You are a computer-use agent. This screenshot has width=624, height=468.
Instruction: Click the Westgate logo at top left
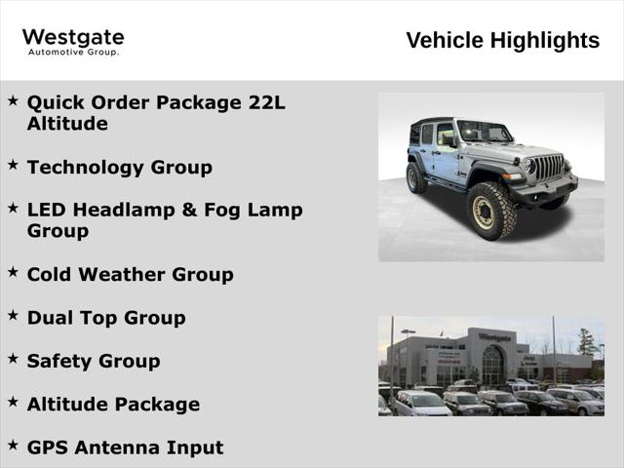73,40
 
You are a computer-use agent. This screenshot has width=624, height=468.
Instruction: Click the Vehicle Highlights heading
502,40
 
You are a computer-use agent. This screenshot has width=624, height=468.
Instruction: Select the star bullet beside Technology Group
14,165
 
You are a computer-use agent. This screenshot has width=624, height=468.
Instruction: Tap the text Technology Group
119,167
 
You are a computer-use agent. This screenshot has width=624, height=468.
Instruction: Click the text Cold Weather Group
130,274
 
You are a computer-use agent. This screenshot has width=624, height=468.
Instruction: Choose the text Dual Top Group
105,317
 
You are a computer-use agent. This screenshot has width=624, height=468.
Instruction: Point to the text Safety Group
94,361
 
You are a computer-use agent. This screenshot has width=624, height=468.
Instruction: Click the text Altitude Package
113,404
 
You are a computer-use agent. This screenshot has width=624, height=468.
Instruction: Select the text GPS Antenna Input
125,448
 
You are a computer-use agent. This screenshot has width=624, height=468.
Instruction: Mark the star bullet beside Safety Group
14,359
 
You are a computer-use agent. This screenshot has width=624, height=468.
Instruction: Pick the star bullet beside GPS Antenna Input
14,446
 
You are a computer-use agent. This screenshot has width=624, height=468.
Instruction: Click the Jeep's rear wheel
417,177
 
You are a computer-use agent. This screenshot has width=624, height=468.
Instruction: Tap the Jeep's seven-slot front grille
549,168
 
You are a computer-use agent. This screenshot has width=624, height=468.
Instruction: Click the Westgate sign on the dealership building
494,337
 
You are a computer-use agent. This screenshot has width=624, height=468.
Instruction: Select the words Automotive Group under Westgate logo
73,52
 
